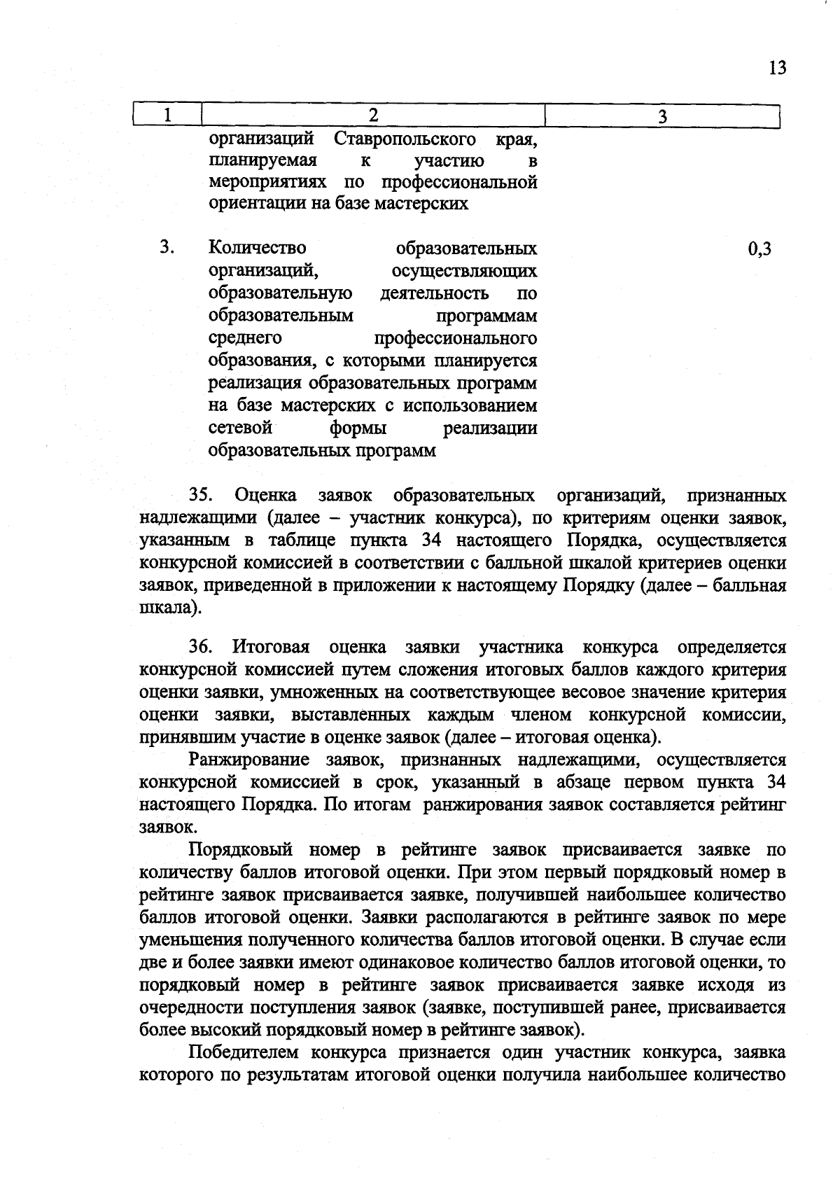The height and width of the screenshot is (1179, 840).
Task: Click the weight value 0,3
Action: click(x=759, y=249)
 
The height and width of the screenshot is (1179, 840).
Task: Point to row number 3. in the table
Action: click(x=167, y=248)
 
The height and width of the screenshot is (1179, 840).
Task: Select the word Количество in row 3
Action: click(x=258, y=248)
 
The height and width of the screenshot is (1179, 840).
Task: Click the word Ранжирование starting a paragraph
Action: click(x=249, y=760)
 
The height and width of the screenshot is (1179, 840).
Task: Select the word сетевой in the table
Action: click(x=240, y=427)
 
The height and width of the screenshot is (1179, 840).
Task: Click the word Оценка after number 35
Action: click(x=265, y=496)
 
